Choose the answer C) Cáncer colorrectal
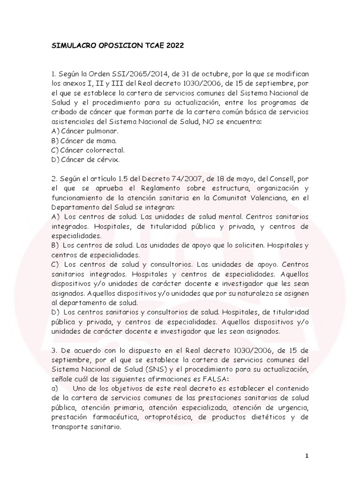tap(89, 150)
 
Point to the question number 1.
tap(53, 74)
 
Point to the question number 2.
tap(53, 179)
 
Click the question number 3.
tap(53, 349)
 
